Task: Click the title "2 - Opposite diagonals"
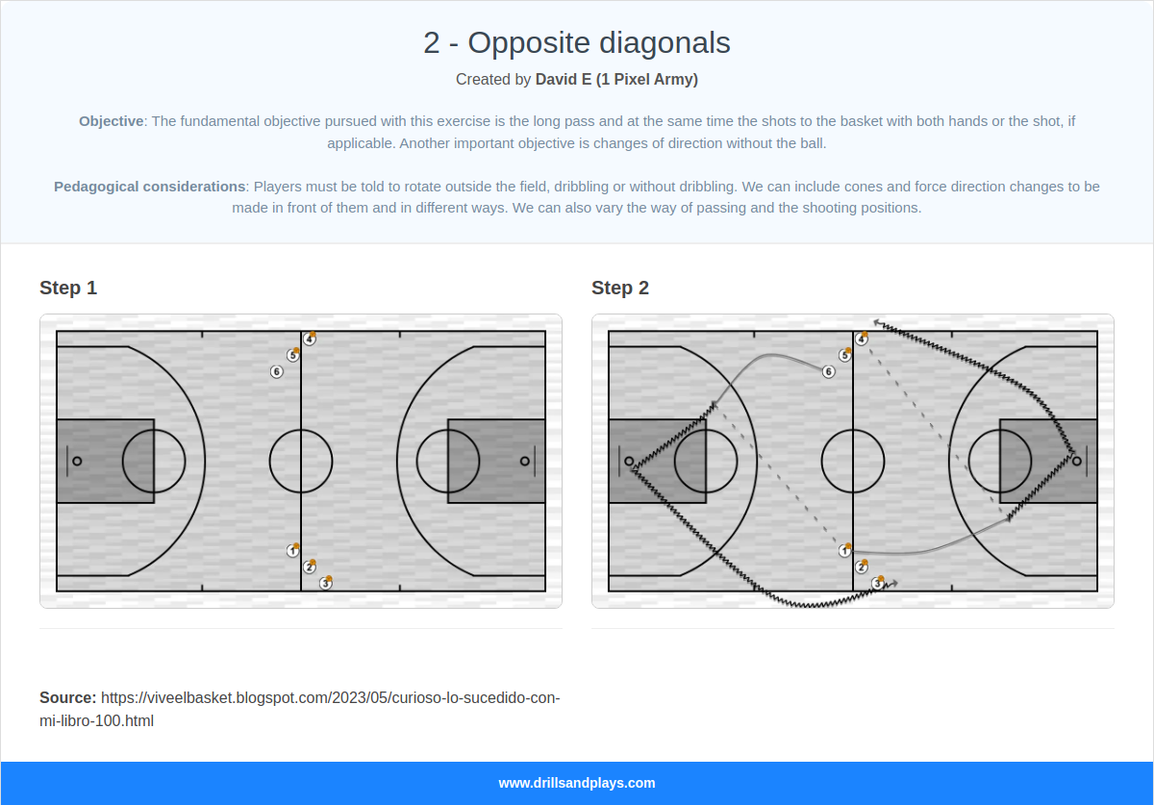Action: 576,43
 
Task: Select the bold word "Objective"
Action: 111,121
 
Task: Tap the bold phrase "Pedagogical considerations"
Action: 149,187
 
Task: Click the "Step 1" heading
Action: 68,288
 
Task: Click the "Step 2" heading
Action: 620,288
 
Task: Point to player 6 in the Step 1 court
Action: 277,372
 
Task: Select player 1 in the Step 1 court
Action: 292,551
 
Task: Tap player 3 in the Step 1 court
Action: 326,583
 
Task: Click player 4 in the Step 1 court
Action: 309,340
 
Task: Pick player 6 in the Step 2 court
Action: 829,372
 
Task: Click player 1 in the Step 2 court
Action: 844,551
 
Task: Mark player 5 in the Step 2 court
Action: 844,356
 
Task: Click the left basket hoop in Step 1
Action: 78,461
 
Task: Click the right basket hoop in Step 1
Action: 524,461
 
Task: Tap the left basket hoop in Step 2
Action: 630,461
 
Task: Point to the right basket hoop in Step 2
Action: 1076,461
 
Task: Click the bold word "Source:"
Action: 67,697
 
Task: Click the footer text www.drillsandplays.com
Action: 576,783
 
